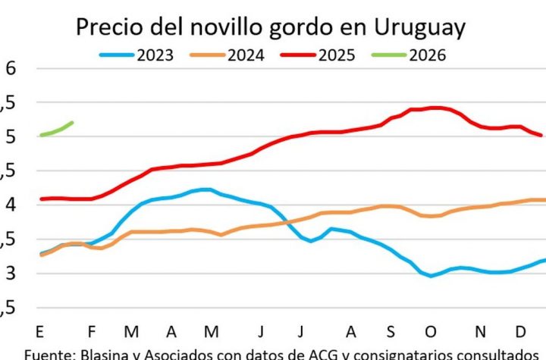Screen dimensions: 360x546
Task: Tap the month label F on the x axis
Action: tap(91, 332)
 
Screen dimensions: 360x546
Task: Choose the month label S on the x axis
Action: tap(391, 332)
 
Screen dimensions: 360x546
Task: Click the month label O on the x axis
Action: tap(431, 332)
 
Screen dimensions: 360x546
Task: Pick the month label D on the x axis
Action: tap(522, 332)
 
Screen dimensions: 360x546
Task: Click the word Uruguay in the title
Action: tap(419, 27)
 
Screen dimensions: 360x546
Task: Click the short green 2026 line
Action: tap(56, 130)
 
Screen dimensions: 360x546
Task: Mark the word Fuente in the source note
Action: tap(45, 353)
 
